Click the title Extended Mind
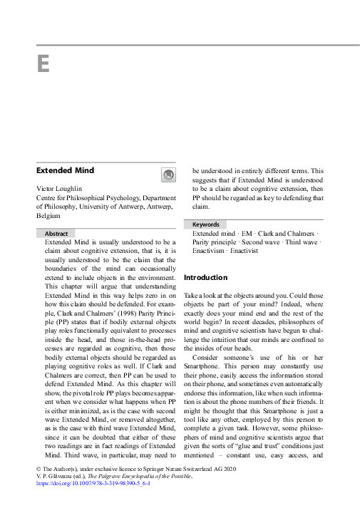point(65,170)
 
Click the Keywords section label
point(206,224)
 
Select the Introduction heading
point(205,277)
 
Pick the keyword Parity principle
point(217,242)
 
